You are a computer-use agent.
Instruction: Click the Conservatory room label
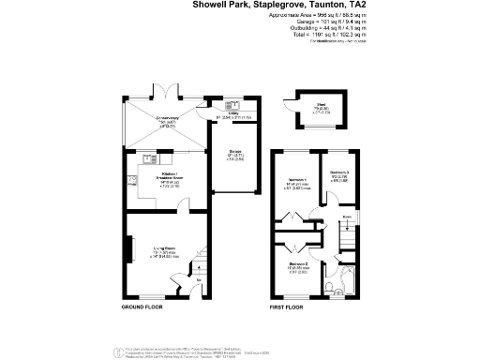tap(168, 119)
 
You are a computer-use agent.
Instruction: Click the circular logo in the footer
tap(117, 352)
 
